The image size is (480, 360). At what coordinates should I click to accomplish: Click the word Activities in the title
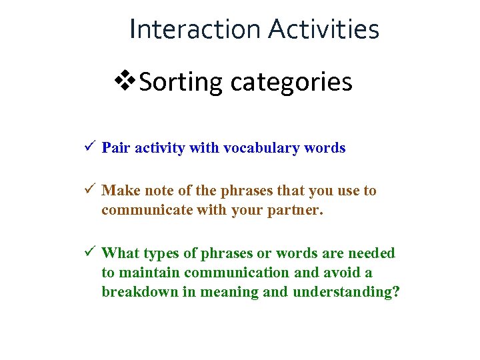point(324,29)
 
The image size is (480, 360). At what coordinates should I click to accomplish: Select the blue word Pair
point(116,148)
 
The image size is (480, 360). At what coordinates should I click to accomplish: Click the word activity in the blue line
point(159,148)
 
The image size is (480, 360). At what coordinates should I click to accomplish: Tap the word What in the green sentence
point(120,253)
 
